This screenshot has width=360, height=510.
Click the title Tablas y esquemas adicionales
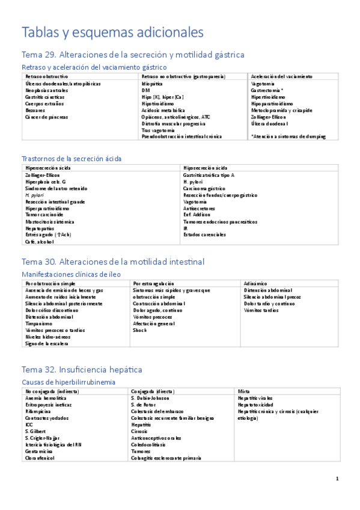(x=112, y=31)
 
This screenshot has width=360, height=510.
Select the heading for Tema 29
(x=132, y=55)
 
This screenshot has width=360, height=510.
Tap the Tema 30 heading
(x=112, y=262)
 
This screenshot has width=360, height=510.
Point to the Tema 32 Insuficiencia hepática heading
(x=82, y=369)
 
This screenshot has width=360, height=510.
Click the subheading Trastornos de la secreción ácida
(x=71, y=158)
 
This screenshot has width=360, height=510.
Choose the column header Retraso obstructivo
(x=46, y=77)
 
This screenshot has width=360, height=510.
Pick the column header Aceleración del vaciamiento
(x=281, y=77)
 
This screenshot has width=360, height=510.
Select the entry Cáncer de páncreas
(x=47, y=117)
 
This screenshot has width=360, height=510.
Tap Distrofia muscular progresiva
(x=173, y=123)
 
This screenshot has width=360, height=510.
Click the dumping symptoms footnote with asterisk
(x=288, y=137)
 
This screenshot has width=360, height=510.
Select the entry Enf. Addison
(x=197, y=215)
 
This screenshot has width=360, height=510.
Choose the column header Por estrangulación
(x=154, y=283)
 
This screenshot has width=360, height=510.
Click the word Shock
(x=139, y=330)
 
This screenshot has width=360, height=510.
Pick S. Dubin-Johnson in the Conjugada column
(x=150, y=398)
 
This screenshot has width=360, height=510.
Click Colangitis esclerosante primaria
(x=166, y=458)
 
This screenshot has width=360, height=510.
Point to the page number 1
(x=338, y=479)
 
